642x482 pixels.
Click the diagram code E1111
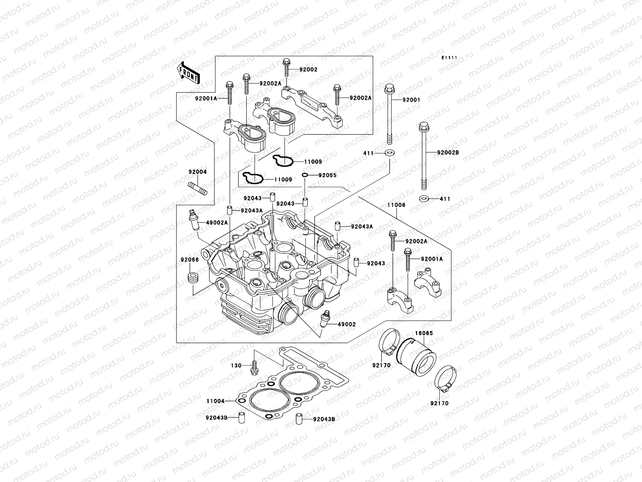pyautogui.click(x=450, y=58)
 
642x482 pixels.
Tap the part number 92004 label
pyautogui.click(x=198, y=172)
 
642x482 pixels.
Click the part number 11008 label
pyautogui.click(x=396, y=205)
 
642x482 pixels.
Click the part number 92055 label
pyautogui.click(x=327, y=176)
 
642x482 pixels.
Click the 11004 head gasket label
pyautogui.click(x=215, y=401)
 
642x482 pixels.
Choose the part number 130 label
pyautogui.click(x=236, y=366)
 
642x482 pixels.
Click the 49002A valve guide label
pyautogui.click(x=217, y=223)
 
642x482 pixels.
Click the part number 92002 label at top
pyautogui.click(x=308, y=69)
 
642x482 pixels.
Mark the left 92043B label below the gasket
pyautogui.click(x=217, y=418)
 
